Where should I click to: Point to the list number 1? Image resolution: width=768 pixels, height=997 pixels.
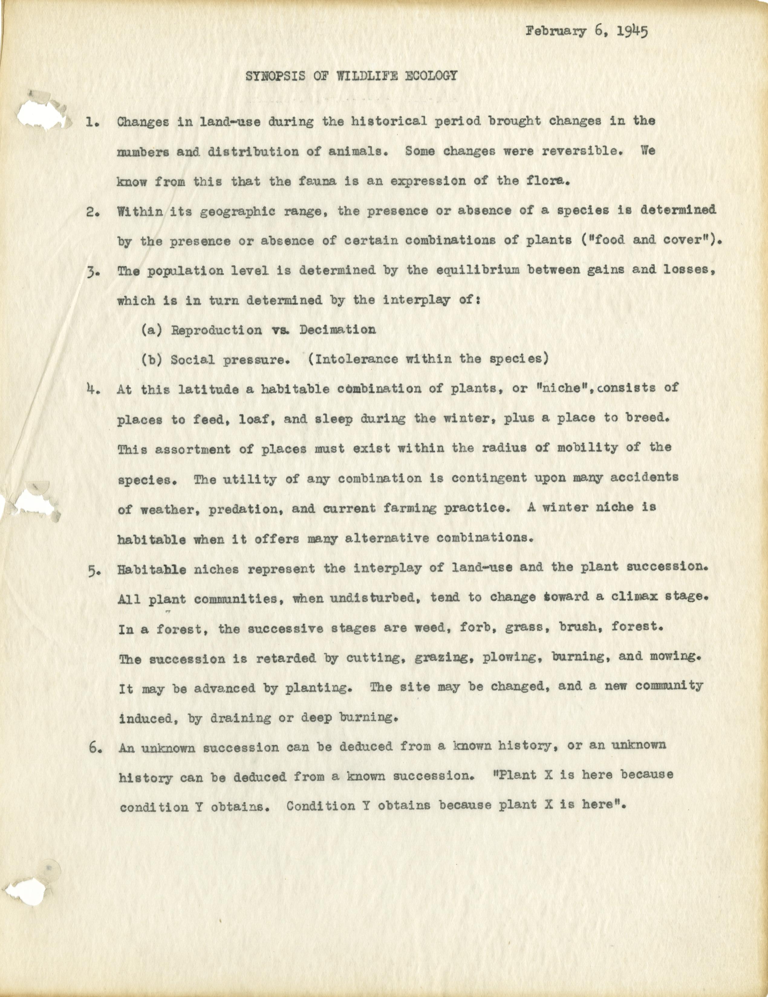92,122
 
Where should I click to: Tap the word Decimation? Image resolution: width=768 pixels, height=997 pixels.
338,330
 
